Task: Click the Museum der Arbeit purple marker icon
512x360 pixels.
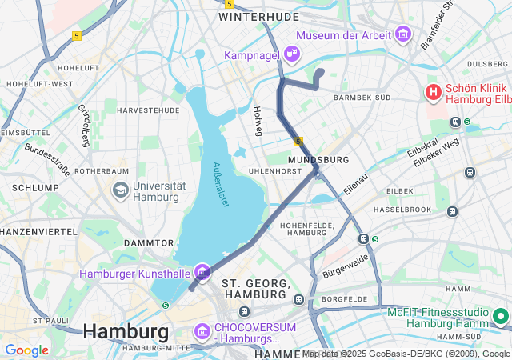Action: pyautogui.click(x=402, y=34)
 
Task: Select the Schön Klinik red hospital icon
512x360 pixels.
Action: pyautogui.click(x=434, y=92)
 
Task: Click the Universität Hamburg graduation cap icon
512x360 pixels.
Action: pyautogui.click(x=121, y=190)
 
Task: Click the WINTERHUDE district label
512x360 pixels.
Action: pyautogui.click(x=258, y=16)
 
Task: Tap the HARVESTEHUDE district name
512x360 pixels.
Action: pyautogui.click(x=148, y=110)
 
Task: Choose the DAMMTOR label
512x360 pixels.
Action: pyautogui.click(x=149, y=242)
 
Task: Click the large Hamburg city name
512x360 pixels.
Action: pyautogui.click(x=126, y=330)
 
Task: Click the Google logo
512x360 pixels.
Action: pyautogui.click(x=26, y=350)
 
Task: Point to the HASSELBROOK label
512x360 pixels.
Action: pyautogui.click(x=402, y=209)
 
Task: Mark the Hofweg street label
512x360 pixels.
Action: pyautogui.click(x=258, y=121)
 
